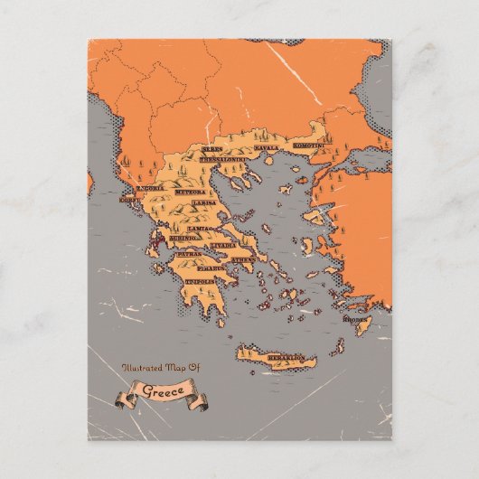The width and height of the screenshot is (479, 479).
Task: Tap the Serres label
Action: tap(212, 147)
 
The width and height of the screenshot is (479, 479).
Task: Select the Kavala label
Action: tap(266, 146)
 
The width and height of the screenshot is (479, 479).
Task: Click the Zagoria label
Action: tap(149, 188)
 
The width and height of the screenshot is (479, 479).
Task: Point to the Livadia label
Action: tap(224, 245)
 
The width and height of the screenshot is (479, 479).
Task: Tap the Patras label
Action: tap(189, 255)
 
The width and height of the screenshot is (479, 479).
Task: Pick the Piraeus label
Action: tap(213, 268)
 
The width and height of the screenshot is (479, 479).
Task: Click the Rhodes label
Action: tap(355, 318)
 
